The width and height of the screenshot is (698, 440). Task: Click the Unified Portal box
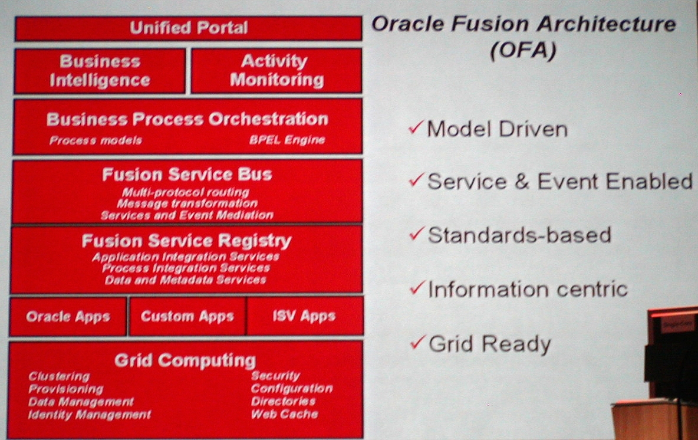pos(188,28)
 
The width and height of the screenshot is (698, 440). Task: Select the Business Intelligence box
pos(100,71)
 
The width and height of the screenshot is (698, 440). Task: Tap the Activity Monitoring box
pos(276,71)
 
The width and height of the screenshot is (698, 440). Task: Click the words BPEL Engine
pos(287,140)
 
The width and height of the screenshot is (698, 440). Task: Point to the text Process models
pos(96,140)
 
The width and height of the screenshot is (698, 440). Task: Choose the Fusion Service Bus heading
pos(187,174)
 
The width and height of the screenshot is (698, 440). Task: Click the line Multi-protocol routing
pos(186,192)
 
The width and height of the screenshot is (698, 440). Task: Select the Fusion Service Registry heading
pos(186,241)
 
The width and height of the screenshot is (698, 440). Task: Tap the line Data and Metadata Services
pos(186,280)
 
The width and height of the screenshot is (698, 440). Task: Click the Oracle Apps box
pos(68,316)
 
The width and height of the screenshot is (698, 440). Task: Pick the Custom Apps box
pos(187,316)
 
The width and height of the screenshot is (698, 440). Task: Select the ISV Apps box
pos(305,316)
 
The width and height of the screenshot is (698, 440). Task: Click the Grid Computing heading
pos(185,360)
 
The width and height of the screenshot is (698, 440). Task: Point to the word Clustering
pos(59,376)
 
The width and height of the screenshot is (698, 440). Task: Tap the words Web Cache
pos(285,414)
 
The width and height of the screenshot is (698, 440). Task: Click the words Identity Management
pos(90,415)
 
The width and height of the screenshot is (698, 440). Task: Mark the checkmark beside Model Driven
pos(416,128)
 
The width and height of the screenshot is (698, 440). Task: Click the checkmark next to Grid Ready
pos(417,342)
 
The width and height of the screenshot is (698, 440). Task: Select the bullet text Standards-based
pos(519,235)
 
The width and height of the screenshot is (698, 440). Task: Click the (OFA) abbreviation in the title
pos(523,50)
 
